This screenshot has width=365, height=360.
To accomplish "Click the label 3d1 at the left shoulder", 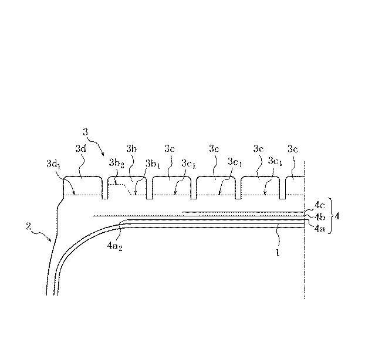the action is (x=53, y=164).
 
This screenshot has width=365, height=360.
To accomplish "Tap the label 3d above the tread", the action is (x=81, y=148).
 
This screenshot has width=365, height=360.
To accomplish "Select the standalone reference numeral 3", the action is (x=86, y=132).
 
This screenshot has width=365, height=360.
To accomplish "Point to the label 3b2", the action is (x=116, y=163).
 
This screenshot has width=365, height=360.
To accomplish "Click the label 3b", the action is (x=131, y=148).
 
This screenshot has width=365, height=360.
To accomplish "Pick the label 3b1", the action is (x=153, y=164).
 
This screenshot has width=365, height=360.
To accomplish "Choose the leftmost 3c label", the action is (x=170, y=148).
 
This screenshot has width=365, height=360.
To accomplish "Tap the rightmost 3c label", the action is (x=293, y=148).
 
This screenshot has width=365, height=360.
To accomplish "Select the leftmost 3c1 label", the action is (x=188, y=164).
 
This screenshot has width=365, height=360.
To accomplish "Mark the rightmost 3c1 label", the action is (x=275, y=161).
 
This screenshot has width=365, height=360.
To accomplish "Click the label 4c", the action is (x=319, y=205).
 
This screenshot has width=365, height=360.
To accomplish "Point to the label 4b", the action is (x=319, y=217).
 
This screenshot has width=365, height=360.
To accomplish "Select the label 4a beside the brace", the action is (x=319, y=229).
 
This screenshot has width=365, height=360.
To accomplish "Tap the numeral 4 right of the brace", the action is (x=337, y=216).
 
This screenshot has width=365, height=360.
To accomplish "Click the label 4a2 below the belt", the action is (x=114, y=246).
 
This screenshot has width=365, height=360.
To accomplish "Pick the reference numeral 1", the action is (x=278, y=252).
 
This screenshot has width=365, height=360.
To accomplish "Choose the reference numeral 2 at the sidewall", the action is (x=28, y=226).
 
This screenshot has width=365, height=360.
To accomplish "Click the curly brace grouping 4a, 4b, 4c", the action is (x=330, y=216).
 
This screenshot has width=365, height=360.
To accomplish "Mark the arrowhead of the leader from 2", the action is (x=50, y=240).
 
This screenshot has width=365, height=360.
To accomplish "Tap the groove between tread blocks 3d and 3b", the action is (x=105, y=188).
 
